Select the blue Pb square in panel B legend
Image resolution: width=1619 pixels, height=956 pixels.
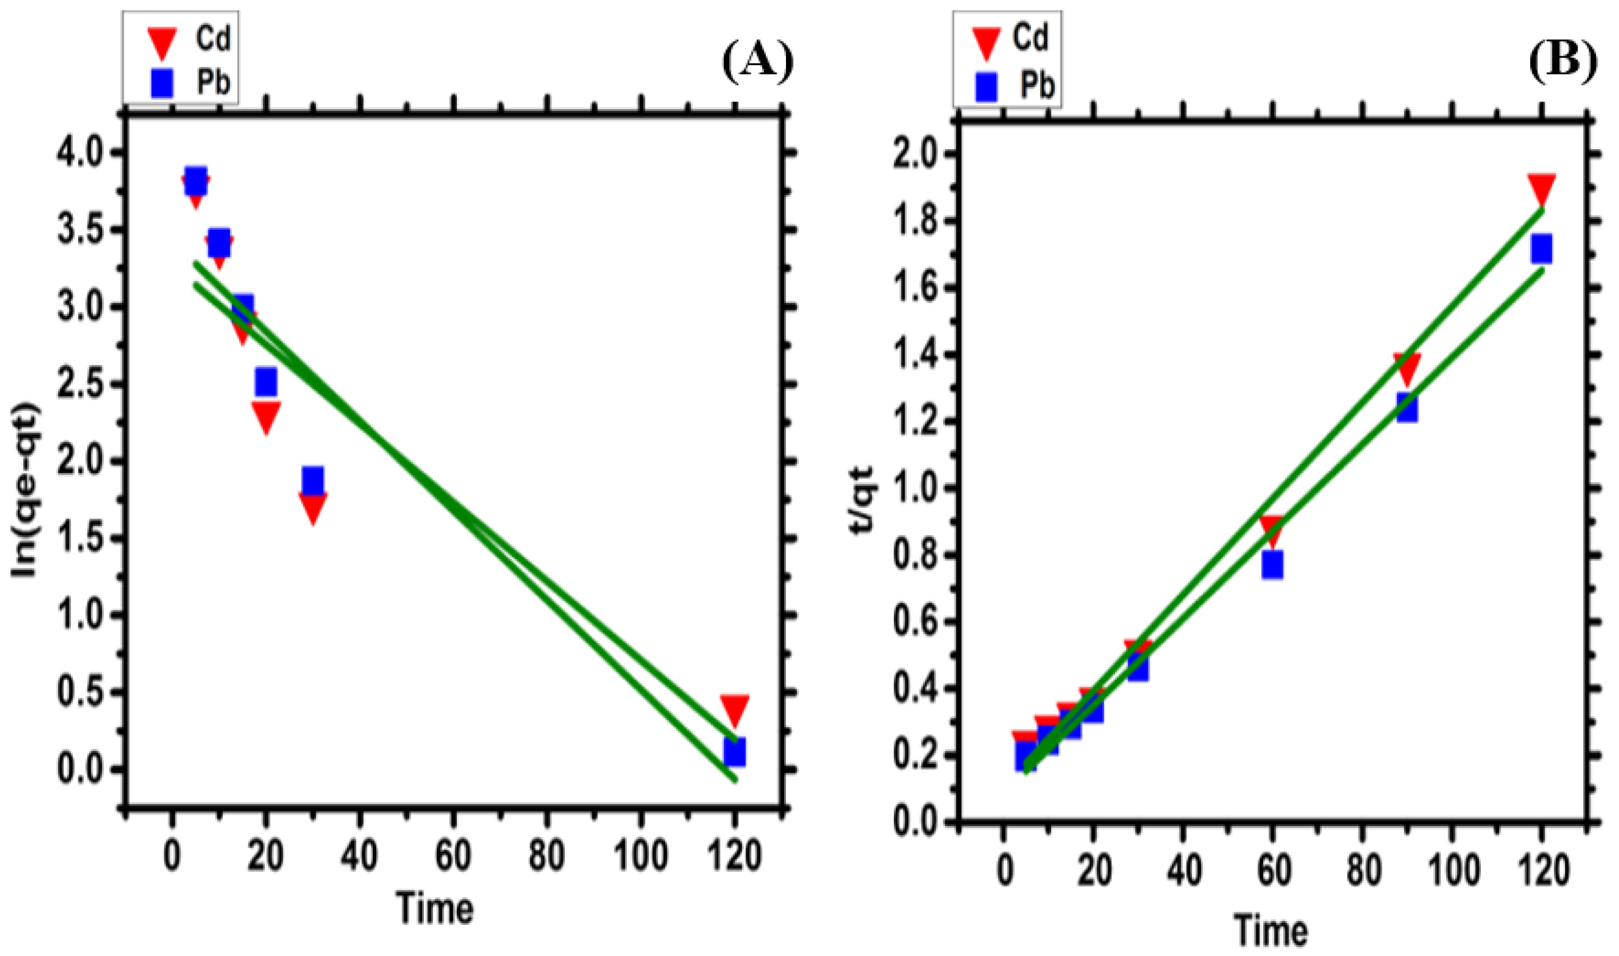pyautogui.click(x=986, y=86)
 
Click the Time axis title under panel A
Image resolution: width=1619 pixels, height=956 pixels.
pyautogui.click(x=435, y=908)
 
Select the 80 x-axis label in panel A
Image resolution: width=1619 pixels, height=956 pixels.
pyautogui.click(x=546, y=856)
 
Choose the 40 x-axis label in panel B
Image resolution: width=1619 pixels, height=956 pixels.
pyautogui.click(x=1184, y=871)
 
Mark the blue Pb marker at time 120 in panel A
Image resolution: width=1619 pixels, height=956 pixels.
pyautogui.click(x=734, y=752)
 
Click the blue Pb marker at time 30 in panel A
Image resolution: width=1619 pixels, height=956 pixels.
pyautogui.click(x=312, y=481)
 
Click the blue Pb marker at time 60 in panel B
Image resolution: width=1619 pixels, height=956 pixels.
pyautogui.click(x=1272, y=565)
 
